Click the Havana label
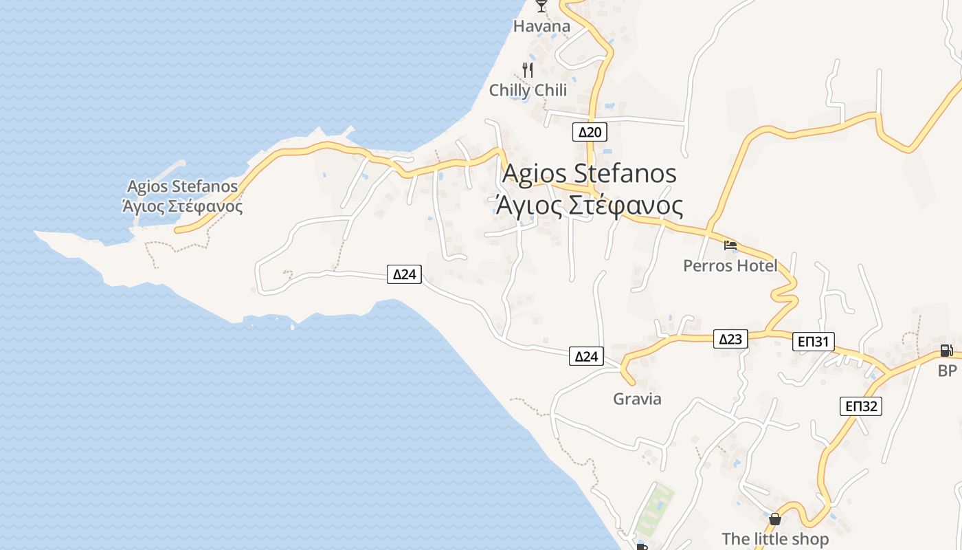click(x=541, y=27)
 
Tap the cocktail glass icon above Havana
click(x=541, y=6)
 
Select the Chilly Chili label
click(x=528, y=90)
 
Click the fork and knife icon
click(x=528, y=69)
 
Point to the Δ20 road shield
click(x=590, y=132)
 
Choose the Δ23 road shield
click(x=730, y=339)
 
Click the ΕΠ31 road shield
click(x=814, y=342)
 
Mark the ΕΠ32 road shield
click(x=860, y=406)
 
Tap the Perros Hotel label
click(x=730, y=265)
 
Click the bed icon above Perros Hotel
click(x=730, y=245)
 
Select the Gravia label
click(x=637, y=399)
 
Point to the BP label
click(x=947, y=371)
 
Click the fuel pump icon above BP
click(x=947, y=351)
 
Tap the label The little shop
click(x=775, y=539)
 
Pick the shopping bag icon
click(x=775, y=519)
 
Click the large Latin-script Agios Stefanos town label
click(x=590, y=173)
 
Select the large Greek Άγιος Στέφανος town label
click(x=590, y=206)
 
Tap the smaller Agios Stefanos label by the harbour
click(x=182, y=186)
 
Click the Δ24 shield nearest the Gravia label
click(x=586, y=356)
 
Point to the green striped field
click(x=653, y=509)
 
